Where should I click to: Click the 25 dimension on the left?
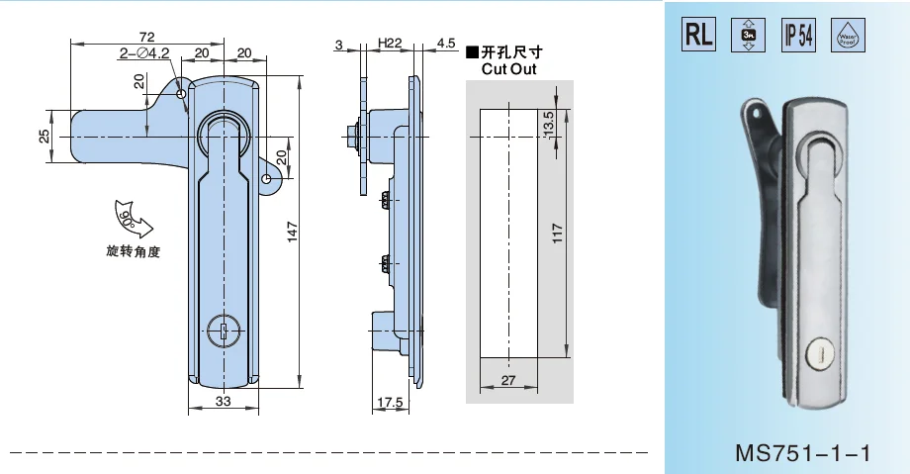[44, 136]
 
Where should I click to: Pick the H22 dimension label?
[389, 44]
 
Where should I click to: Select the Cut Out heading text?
[508, 69]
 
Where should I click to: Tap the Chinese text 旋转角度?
[133, 251]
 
